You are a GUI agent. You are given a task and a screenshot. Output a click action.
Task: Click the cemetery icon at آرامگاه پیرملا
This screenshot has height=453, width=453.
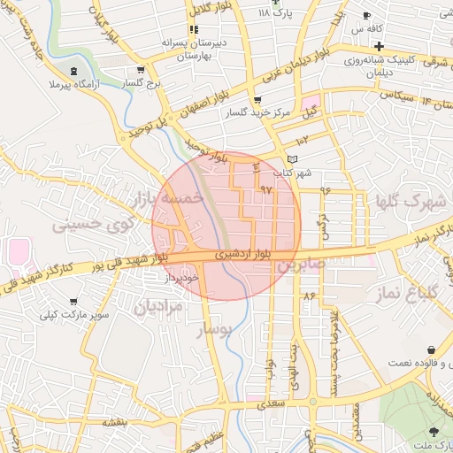73,70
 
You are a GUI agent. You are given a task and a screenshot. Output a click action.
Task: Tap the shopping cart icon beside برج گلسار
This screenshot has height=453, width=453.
140,70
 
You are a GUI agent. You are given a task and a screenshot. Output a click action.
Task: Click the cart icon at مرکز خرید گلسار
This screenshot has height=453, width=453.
257,100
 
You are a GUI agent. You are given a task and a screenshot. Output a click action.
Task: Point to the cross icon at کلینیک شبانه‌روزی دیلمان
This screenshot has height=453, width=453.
379,46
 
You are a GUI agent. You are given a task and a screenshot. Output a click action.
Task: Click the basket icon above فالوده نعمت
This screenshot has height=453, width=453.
431,350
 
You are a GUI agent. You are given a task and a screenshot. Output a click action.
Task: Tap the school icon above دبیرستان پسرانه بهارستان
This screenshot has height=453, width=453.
193,29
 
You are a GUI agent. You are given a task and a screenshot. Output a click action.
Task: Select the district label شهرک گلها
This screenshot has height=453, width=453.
411,202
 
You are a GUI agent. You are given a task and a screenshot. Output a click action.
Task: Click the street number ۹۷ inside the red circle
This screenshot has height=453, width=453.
265,189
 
